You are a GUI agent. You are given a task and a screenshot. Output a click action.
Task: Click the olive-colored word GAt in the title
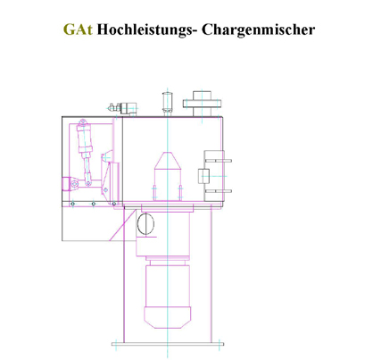tap(78, 29)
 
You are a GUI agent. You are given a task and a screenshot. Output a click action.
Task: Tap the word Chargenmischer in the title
tap(258, 30)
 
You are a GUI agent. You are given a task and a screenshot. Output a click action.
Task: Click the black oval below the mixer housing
tap(145, 224)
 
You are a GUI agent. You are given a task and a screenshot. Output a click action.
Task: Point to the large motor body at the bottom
tap(168, 285)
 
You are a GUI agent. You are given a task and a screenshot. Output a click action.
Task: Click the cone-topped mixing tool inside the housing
tap(168, 176)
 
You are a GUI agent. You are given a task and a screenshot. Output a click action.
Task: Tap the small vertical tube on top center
tap(168, 104)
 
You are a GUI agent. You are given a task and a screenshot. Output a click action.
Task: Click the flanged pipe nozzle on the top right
tap(202, 104)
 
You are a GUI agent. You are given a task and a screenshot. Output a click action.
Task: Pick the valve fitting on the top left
tap(123, 108)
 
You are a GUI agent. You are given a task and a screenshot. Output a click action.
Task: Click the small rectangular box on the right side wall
tap(203, 176)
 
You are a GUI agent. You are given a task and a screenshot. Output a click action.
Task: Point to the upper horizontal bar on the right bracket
tap(218, 161)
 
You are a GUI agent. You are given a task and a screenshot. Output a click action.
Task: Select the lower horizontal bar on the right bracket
tap(218, 191)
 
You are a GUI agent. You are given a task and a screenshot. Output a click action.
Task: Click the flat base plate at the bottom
tap(168, 344)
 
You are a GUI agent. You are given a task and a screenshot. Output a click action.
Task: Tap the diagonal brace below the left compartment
tap(123, 225)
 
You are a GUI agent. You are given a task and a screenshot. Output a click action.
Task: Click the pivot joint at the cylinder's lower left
tap(75, 184)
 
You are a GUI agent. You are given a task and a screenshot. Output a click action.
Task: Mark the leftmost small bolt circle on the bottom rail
tap(73, 204)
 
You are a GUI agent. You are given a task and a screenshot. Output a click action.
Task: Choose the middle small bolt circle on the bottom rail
tap(94, 204)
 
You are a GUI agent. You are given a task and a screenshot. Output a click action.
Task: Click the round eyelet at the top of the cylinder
tap(83, 121)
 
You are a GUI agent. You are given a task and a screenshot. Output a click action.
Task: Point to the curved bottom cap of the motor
tap(168, 318)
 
